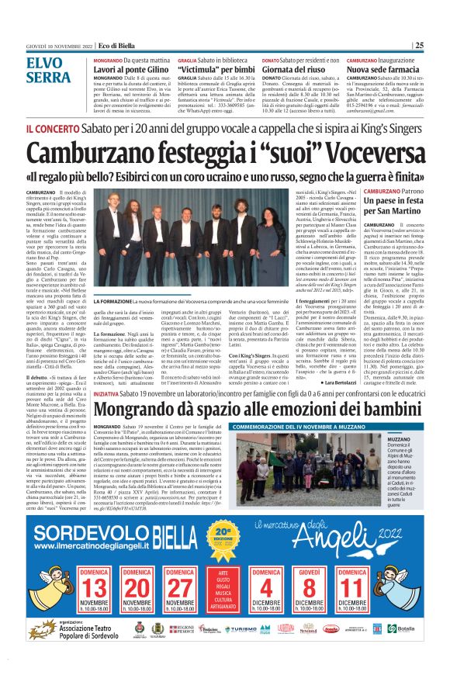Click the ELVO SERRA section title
coord(48,71)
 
